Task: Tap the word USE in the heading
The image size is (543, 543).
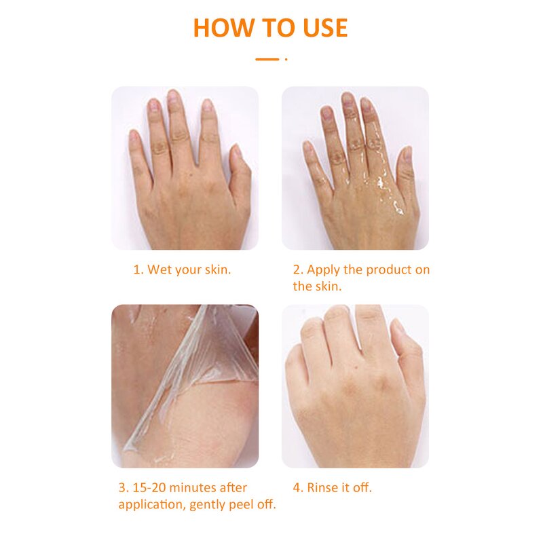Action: [325, 28]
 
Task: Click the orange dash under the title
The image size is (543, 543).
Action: [267, 59]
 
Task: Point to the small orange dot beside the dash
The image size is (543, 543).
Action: [286, 59]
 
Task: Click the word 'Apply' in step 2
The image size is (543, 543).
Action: [324, 270]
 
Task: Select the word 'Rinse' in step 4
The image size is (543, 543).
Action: [323, 487]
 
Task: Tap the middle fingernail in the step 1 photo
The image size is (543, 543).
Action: [173, 96]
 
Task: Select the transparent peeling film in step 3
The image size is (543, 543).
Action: [194, 374]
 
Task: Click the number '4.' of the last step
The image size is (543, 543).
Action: [298, 487]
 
